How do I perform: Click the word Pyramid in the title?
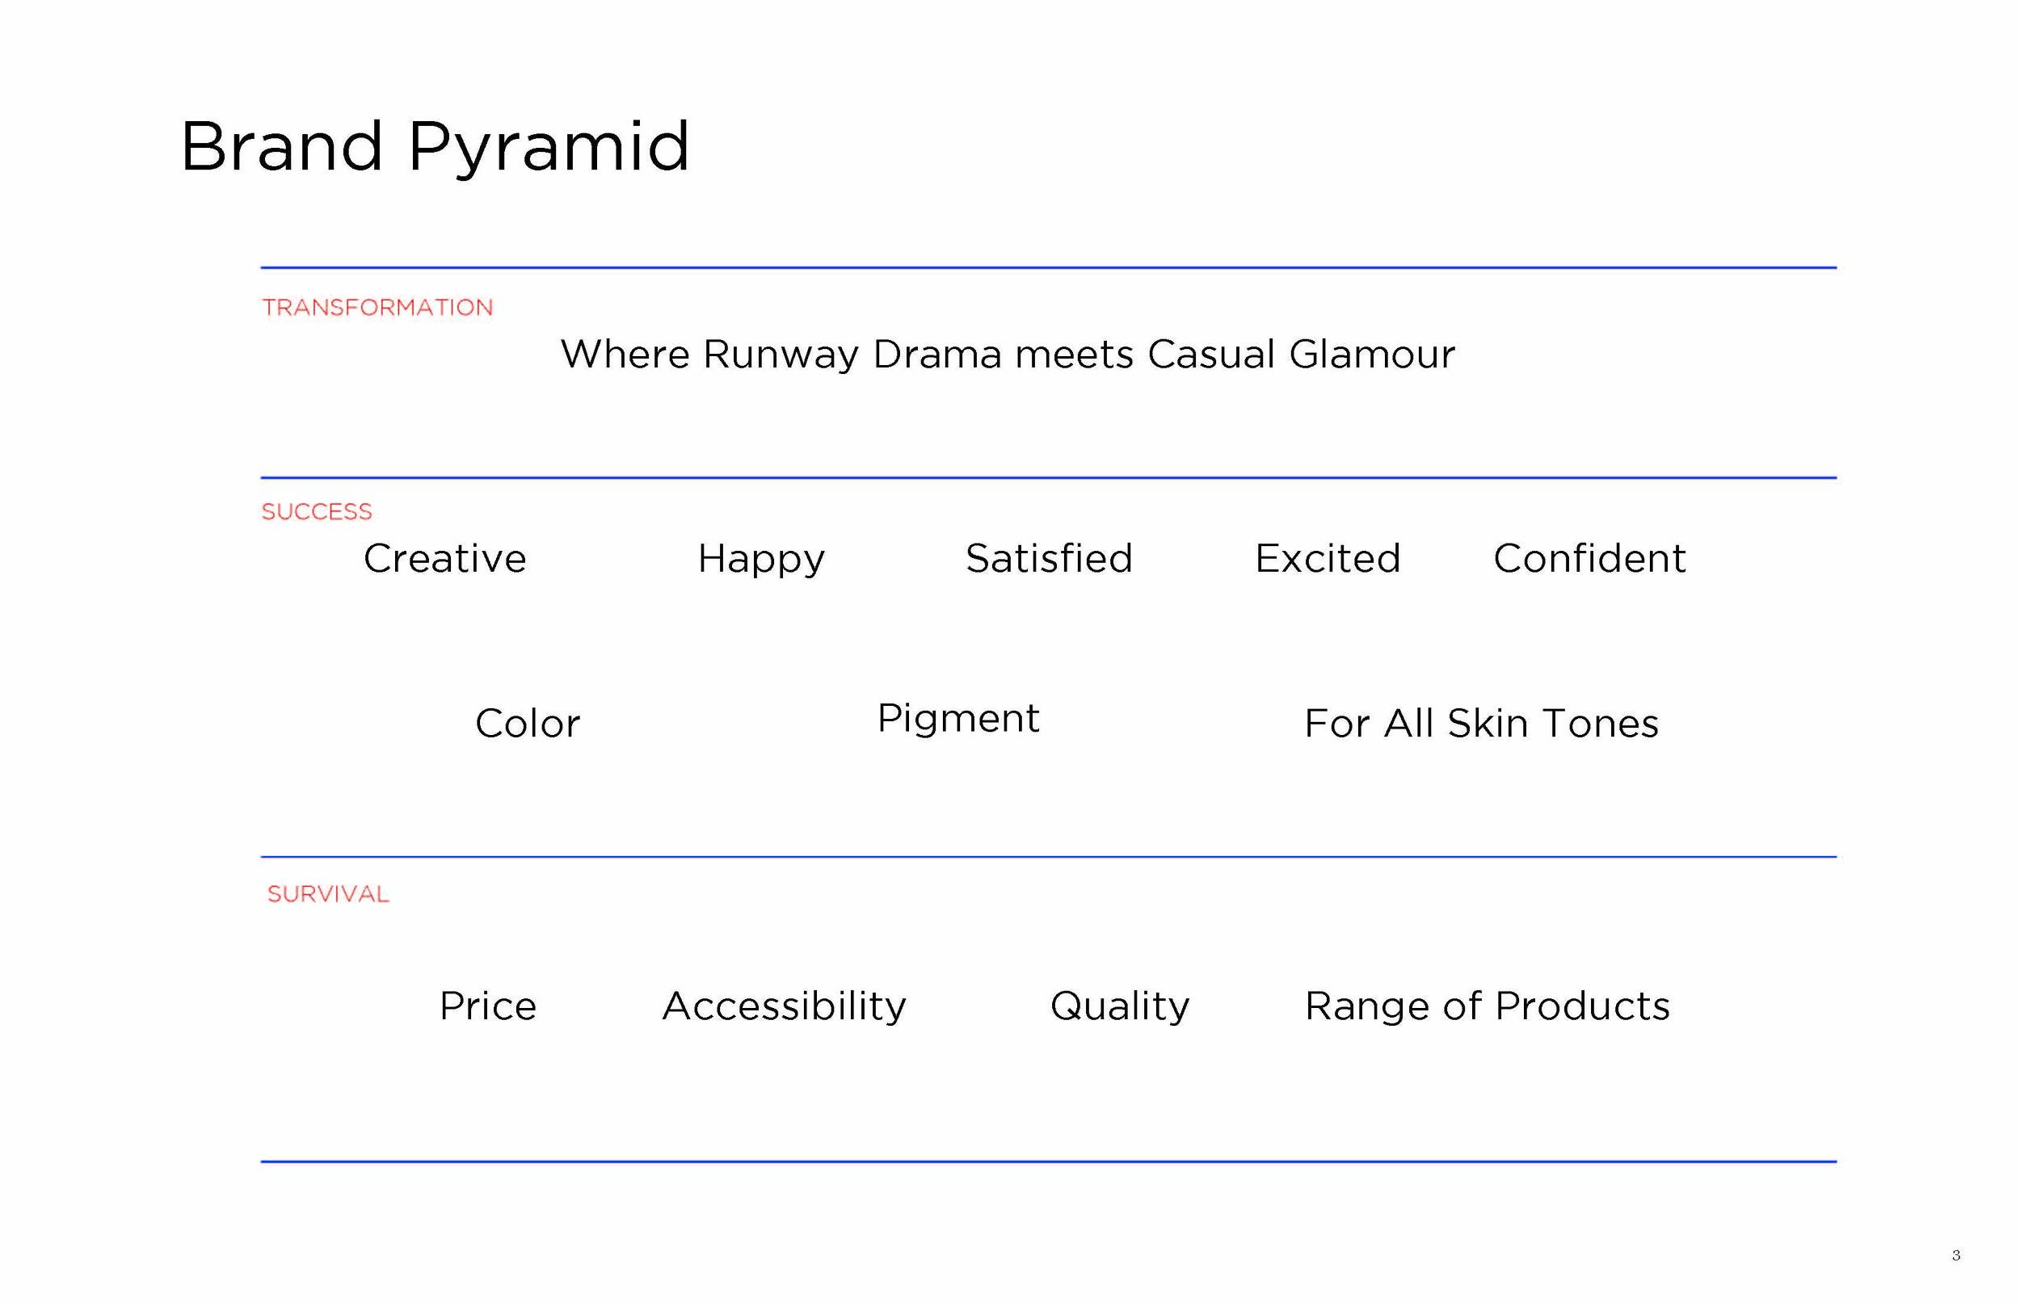click(x=548, y=149)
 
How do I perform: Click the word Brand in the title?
click(x=281, y=147)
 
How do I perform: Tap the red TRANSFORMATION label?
click(x=377, y=307)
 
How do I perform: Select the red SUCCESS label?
click(x=317, y=511)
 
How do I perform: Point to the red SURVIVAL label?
click(x=327, y=894)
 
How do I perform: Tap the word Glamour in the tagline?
click(x=1371, y=355)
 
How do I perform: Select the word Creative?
click(x=444, y=559)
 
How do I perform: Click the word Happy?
click(x=761, y=560)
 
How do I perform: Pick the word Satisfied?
click(x=1049, y=559)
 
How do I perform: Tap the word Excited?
click(x=1327, y=559)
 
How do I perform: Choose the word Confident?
click(x=1589, y=559)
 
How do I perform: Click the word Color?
click(x=527, y=724)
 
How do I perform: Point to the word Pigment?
click(x=957, y=719)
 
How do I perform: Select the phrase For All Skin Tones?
click(x=1480, y=724)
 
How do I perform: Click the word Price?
click(x=488, y=1006)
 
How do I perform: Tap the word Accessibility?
click(x=784, y=1006)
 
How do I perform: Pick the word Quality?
click(x=1119, y=1006)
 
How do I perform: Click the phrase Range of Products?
click(x=1487, y=1006)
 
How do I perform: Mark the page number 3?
click(x=1955, y=1255)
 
